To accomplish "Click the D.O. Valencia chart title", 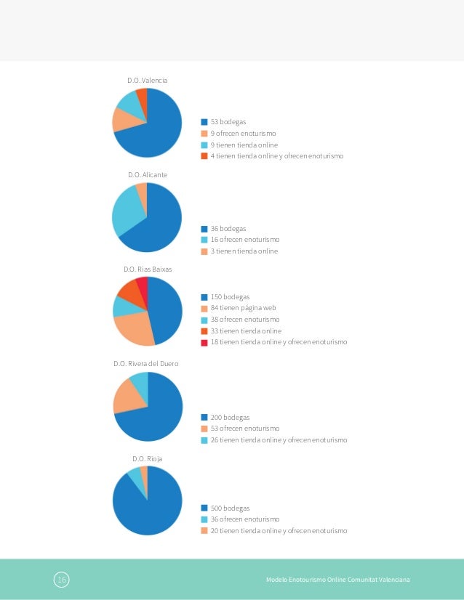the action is pyautogui.click(x=147, y=81).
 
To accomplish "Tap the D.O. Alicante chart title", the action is pyautogui.click(x=148, y=175).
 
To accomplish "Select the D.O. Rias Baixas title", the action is pyautogui.click(x=148, y=269).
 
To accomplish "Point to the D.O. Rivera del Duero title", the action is pyautogui.click(x=146, y=363).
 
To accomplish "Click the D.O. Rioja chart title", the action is pyautogui.click(x=147, y=458).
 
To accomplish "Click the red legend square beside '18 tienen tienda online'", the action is pyautogui.click(x=204, y=343).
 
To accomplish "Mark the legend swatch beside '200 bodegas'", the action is pyautogui.click(x=204, y=418).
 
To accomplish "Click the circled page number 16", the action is pyautogui.click(x=62, y=580).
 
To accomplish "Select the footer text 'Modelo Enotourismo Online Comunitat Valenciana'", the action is pyautogui.click(x=338, y=580).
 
